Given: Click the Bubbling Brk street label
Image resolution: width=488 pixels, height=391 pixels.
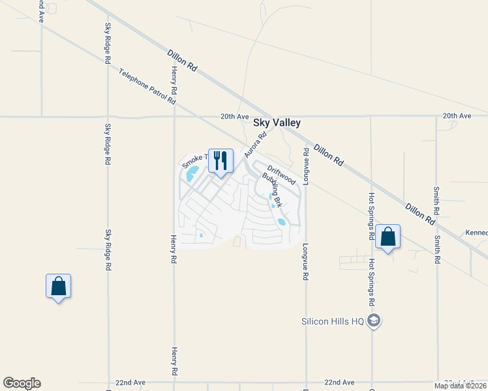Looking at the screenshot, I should (272, 190).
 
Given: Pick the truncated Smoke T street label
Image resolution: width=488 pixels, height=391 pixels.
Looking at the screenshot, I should (194, 158).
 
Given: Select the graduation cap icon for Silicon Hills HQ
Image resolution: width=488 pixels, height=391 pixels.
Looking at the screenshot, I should (374, 320).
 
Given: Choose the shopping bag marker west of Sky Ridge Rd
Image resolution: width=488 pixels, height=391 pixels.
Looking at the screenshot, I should (58, 286).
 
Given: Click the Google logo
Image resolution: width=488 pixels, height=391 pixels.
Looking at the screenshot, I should (22, 383).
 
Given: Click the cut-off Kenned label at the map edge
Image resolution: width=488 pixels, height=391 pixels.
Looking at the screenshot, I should (476, 232).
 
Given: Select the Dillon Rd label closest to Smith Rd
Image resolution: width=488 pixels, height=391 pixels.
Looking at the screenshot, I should (420, 214).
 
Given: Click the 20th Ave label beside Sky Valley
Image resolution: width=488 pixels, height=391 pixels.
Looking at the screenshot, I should (236, 116).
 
